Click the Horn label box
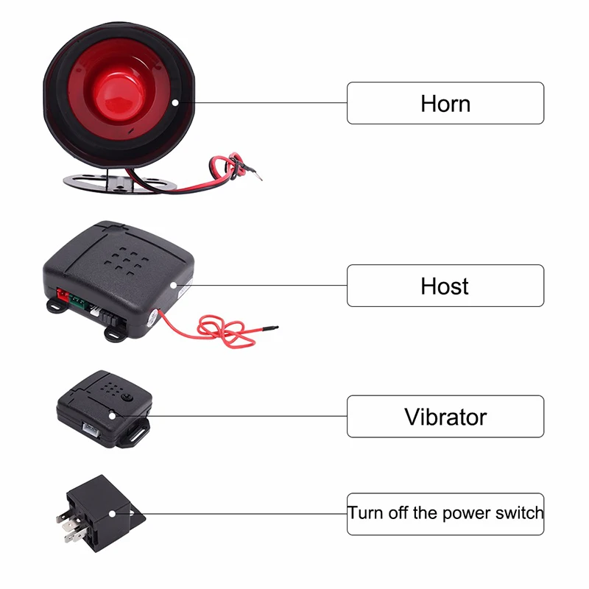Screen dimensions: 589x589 point(445,103)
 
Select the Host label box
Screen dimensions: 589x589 point(445,286)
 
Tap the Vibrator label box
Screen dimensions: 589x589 point(445,417)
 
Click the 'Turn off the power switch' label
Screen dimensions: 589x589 point(445,513)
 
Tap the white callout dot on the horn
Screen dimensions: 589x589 point(174,103)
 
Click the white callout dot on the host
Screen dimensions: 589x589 point(174,286)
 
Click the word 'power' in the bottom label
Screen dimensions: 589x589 point(462,513)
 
